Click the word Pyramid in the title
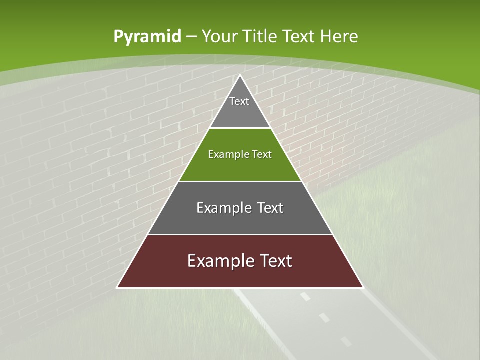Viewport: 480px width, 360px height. (147, 37)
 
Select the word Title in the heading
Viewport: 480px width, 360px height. (260, 36)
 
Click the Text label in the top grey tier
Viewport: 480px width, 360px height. (239, 101)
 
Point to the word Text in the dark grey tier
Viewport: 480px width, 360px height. (271, 208)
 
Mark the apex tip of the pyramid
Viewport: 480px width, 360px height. (240, 75)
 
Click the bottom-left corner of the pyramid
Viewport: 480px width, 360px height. (117, 287)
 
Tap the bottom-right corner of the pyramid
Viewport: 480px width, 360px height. (363, 287)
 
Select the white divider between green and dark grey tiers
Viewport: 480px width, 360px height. (240, 181)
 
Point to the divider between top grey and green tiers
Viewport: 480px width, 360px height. (240, 128)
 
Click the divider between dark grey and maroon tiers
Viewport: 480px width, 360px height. (240, 234)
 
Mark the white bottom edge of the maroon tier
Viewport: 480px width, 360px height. (240, 288)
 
